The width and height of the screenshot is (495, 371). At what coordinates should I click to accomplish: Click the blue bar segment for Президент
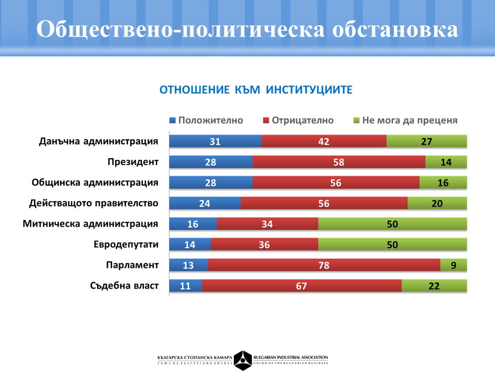211,162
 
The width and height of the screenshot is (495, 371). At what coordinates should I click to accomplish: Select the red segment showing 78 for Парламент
324,265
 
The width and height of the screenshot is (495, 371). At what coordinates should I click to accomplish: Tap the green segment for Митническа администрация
392,224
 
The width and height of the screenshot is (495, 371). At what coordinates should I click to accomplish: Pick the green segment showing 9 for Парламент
454,265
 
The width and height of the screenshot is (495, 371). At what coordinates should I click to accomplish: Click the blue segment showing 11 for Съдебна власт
186,285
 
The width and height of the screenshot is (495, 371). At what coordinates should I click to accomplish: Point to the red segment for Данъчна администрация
324,141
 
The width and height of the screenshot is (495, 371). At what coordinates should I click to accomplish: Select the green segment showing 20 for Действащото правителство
437,203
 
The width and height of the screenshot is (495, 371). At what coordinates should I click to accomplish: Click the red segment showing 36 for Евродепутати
265,244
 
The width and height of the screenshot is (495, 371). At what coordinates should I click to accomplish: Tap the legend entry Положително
206,120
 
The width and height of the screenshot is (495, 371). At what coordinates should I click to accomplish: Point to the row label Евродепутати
126,244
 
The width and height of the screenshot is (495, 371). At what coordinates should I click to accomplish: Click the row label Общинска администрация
95,182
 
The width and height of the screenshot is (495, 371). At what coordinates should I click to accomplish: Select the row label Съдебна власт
124,285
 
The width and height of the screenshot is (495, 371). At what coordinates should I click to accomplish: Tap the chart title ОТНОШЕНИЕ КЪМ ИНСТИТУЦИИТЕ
256,90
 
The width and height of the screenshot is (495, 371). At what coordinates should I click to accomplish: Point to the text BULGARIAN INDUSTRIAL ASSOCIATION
291,357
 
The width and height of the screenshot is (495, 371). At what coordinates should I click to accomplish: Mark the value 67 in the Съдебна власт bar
302,285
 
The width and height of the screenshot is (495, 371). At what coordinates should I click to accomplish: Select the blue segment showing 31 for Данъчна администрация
216,141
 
